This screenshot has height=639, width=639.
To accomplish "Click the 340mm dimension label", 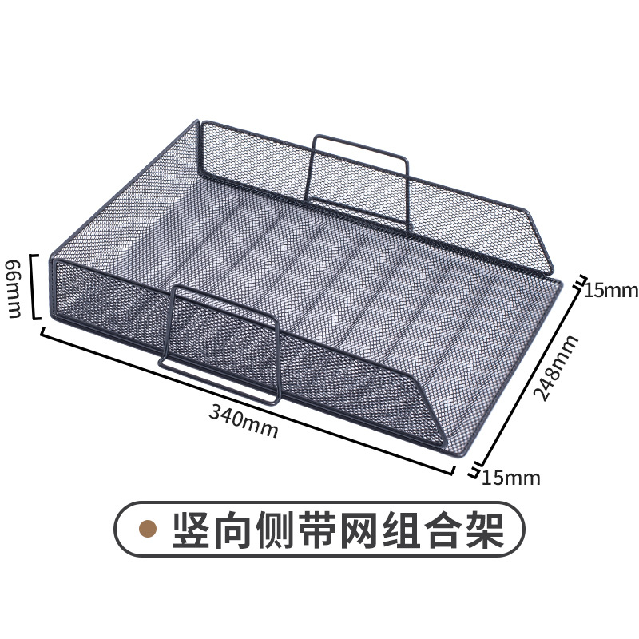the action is coord(244,421).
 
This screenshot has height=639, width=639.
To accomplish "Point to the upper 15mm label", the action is coord(611,291).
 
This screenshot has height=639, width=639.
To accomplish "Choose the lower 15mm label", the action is coord(511,478).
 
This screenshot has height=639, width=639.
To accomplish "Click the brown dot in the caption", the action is coord(148,528).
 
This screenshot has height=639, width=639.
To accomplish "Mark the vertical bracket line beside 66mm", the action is coord(34,287).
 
